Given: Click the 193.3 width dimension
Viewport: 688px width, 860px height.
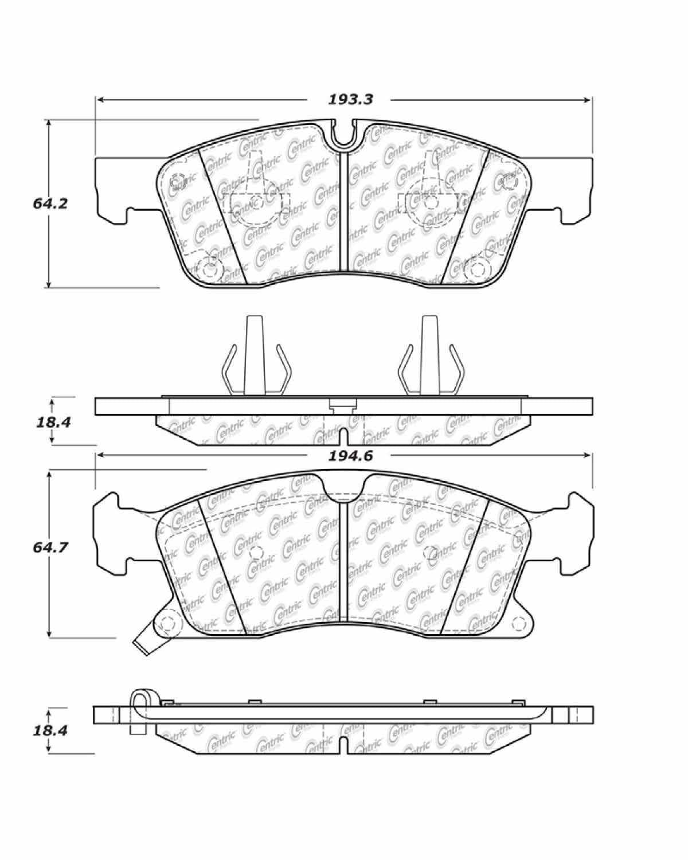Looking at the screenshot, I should pos(350,99).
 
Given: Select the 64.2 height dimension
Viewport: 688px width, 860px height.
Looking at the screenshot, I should pos(50,203).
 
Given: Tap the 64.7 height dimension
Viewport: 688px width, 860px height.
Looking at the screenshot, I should pos(50,547).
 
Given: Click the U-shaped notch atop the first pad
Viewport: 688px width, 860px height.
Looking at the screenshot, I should pos(343,135).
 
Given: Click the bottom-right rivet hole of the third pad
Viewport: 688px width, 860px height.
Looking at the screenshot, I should pos(519,623).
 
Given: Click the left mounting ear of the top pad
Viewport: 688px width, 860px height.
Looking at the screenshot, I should pos(112,189).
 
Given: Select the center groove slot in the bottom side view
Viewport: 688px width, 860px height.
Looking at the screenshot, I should pos(343,744).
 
